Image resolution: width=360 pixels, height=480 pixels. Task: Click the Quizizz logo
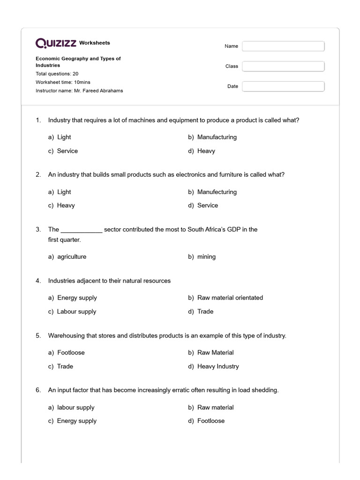click(56, 43)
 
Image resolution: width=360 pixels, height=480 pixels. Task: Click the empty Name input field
click(283, 46)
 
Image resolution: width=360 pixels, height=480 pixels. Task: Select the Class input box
click(283, 66)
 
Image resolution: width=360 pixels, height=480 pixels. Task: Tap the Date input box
click(283, 86)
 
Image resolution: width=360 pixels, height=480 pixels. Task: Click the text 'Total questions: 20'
click(57, 74)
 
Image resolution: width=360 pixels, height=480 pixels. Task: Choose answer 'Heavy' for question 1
click(206, 151)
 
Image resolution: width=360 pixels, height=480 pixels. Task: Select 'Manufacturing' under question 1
click(217, 137)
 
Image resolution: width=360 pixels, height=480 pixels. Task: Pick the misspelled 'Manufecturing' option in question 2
click(217, 192)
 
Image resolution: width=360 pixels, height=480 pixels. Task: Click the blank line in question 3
click(82, 230)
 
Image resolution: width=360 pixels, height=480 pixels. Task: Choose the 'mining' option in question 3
click(206, 257)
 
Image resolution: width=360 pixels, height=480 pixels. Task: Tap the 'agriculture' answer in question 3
click(72, 257)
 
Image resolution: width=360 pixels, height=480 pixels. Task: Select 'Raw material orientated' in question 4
click(230, 298)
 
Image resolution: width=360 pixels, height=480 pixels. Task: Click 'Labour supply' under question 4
click(76, 312)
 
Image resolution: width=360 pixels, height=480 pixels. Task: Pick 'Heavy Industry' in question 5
click(218, 367)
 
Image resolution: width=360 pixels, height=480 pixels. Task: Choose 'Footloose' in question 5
click(71, 352)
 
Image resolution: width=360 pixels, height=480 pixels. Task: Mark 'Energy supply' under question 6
click(76, 421)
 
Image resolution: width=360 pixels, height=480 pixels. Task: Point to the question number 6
click(38, 390)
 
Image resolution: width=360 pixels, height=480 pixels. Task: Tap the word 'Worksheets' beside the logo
click(95, 43)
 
